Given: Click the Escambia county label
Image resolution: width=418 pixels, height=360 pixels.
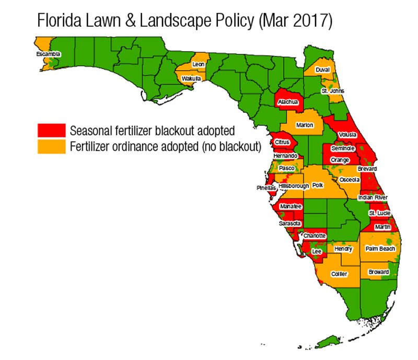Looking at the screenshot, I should (x=48, y=54).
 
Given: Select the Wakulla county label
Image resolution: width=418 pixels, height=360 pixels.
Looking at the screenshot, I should (x=189, y=79).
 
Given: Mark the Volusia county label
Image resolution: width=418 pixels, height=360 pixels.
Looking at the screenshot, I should (x=347, y=135).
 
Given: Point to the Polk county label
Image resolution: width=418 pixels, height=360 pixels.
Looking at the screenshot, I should (x=318, y=185).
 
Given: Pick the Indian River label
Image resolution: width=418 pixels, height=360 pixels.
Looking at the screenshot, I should (x=372, y=198).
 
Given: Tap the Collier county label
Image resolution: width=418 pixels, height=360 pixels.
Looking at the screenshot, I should (x=340, y=274).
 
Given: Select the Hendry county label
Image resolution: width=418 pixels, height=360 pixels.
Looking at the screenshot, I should (x=343, y=249).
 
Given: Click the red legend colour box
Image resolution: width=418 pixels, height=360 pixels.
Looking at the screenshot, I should (x=51, y=130).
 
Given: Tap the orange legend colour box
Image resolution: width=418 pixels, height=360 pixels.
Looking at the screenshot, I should (x=51, y=146).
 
